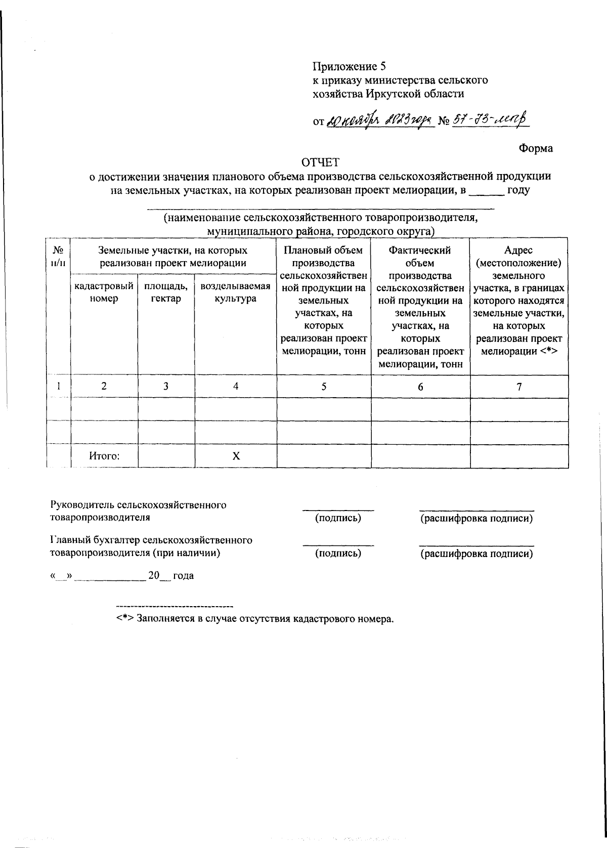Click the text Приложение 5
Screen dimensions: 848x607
pos(349,66)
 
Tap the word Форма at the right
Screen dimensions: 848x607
pos(536,148)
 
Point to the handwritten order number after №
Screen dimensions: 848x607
pos(489,120)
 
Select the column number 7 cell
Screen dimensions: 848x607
pos(519,386)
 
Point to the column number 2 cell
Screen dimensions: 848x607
pos(104,386)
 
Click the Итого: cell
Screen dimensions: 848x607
pos(104,455)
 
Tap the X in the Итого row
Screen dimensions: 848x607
pos(236,456)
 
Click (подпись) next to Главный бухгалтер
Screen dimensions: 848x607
pos(338,553)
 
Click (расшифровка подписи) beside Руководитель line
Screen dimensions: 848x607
pos(476,519)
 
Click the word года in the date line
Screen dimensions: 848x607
pos(184,576)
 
